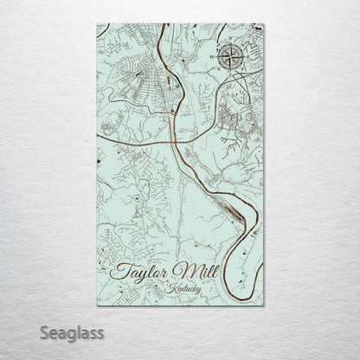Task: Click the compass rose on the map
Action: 231,57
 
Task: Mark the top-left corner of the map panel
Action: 98,24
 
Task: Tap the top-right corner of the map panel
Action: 263,24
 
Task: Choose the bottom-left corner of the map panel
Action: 98,305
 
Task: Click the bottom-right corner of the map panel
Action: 263,305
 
